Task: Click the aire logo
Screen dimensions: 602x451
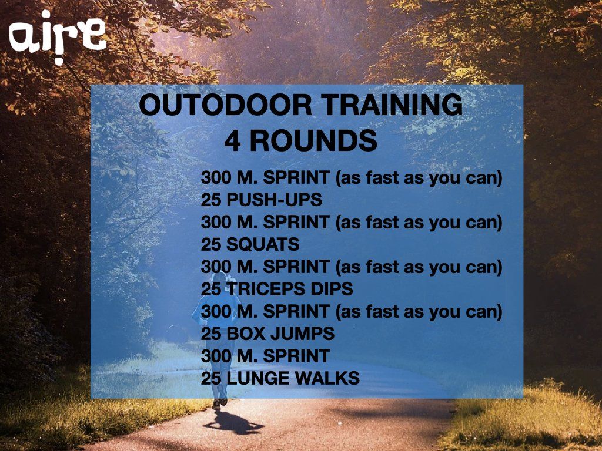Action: click(57, 36)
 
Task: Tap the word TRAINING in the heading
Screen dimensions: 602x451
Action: click(392, 105)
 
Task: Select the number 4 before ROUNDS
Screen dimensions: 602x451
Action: click(233, 141)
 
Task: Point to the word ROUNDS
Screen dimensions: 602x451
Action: click(314, 141)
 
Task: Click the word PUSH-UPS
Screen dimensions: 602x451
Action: click(274, 200)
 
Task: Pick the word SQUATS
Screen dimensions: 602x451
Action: click(263, 244)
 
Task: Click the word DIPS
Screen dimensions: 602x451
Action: click(332, 289)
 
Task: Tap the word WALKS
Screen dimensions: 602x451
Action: click(327, 378)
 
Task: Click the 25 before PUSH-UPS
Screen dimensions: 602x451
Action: click(211, 200)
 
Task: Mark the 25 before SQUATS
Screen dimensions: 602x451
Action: click(211, 244)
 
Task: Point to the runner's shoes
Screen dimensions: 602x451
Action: click(220, 403)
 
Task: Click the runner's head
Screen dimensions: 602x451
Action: click(219, 278)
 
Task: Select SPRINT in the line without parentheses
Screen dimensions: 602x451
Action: click(296, 356)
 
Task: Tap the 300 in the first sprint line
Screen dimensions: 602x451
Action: click(216, 177)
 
